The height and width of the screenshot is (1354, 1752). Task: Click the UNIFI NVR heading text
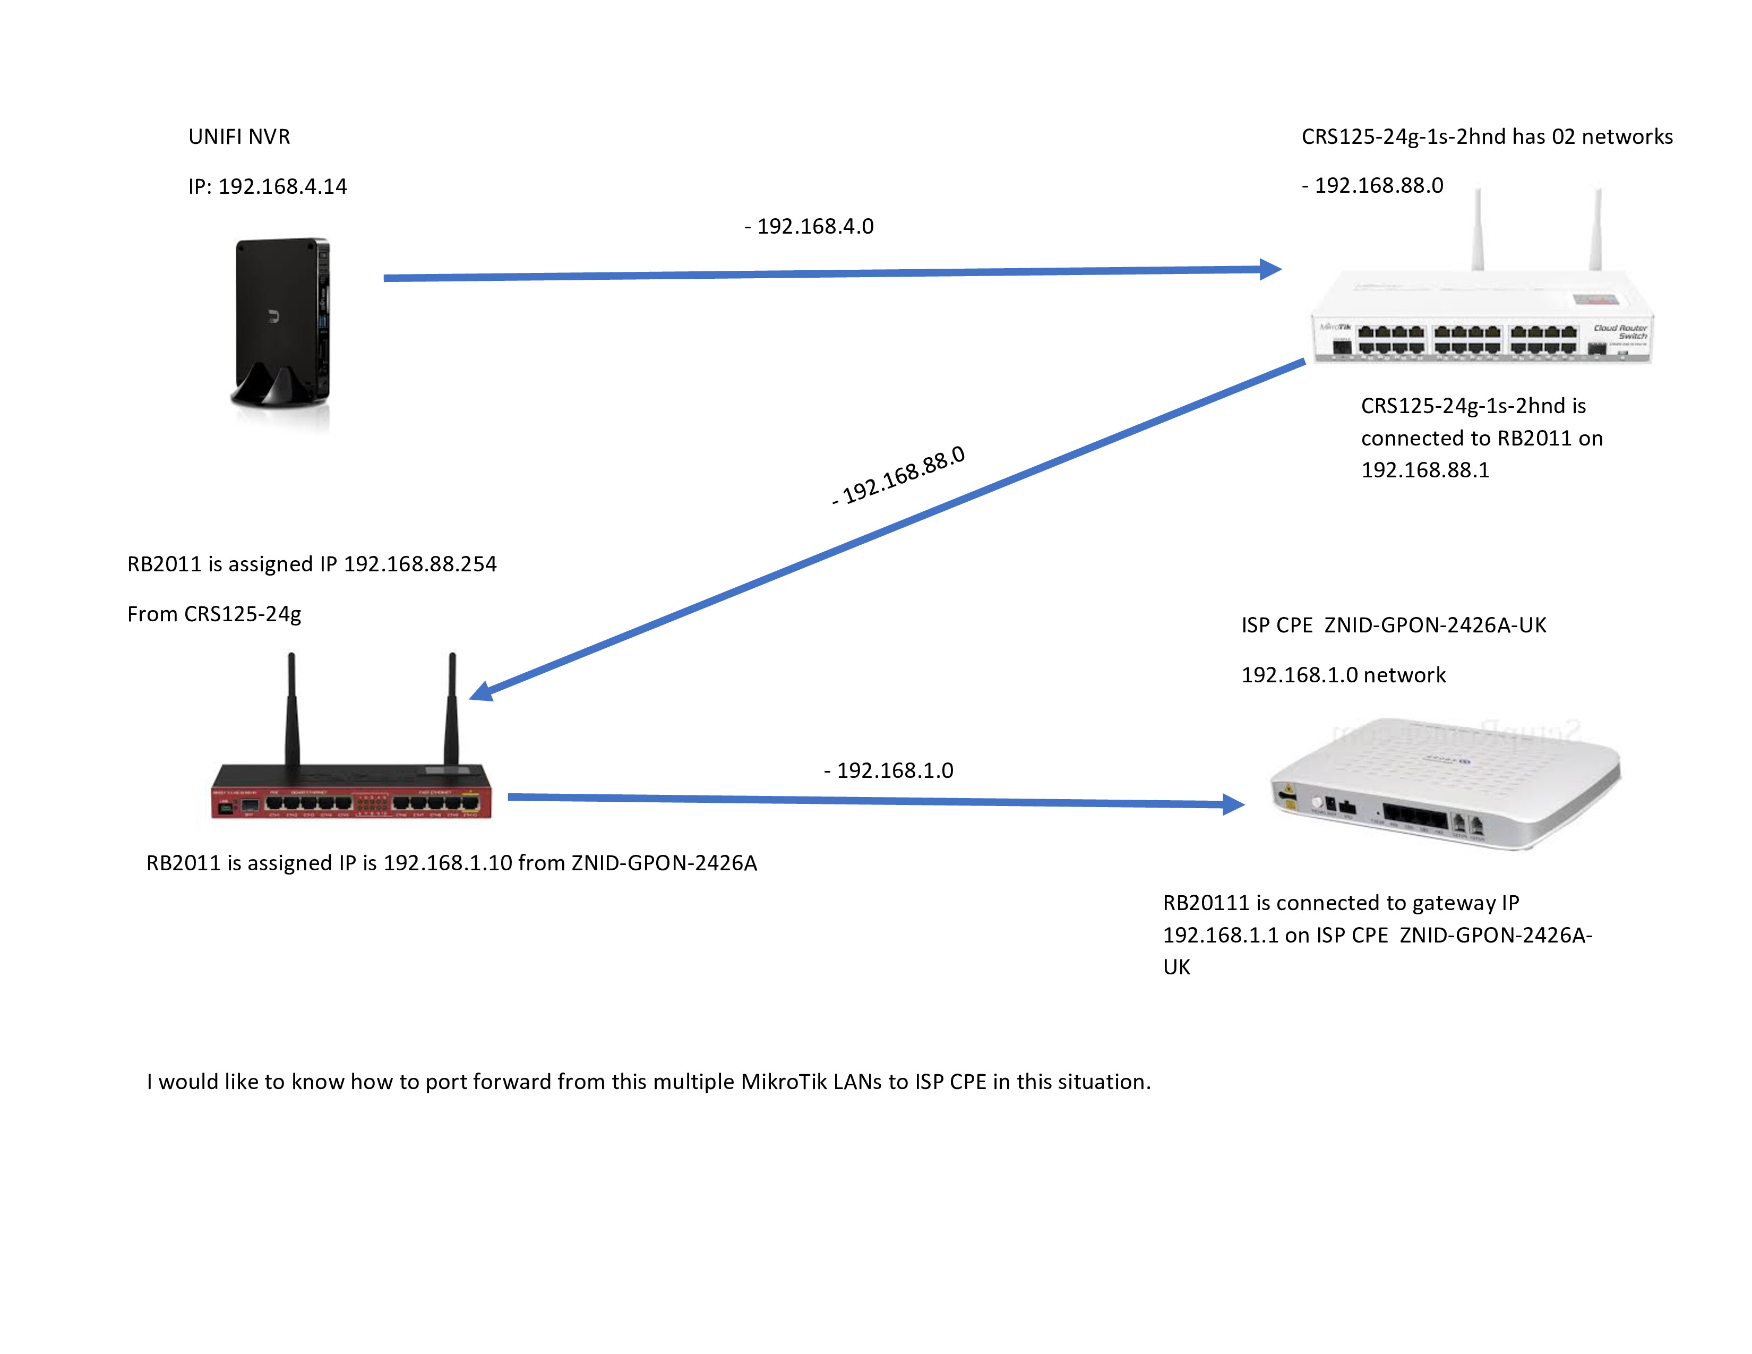pos(239,137)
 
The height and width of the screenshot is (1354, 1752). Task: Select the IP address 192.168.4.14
pos(282,187)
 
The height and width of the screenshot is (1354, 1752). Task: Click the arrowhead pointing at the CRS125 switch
pos(1270,270)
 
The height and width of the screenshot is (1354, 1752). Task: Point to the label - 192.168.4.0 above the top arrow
pos(810,227)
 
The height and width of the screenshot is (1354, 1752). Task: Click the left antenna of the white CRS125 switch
pos(1478,229)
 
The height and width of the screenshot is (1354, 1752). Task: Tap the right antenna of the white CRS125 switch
pos(1596,229)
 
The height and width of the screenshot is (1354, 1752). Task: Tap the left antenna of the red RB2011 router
pos(292,706)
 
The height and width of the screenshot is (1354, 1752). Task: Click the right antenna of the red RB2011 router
pos(452,706)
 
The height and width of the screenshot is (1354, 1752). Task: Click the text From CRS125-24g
pos(214,614)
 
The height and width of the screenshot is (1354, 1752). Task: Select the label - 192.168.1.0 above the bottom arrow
pos(889,771)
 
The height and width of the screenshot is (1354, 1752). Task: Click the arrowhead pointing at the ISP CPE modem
pos(1233,804)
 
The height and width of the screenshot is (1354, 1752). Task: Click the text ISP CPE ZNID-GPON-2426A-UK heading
pos(1394,625)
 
